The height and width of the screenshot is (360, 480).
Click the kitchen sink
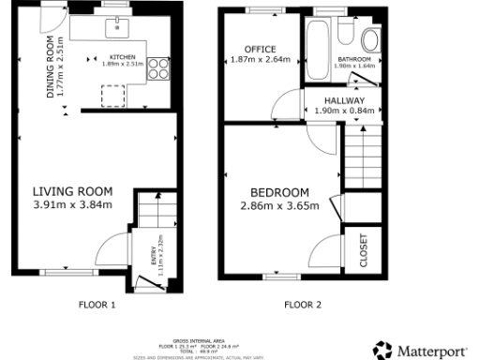click(117, 26)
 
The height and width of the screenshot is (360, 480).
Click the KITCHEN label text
click(123, 57)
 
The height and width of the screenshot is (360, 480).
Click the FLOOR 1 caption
click(97, 305)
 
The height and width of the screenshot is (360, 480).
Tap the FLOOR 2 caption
click(303, 305)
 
